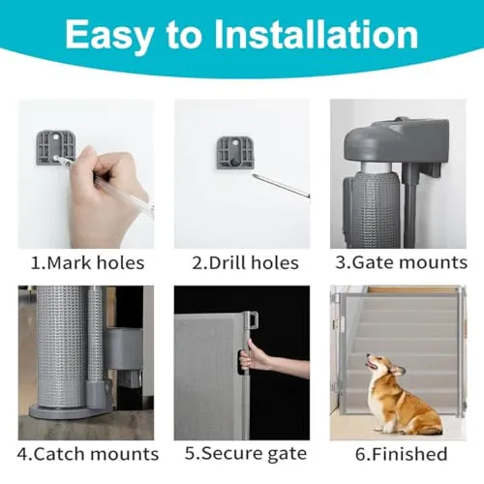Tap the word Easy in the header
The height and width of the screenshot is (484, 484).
[109, 36]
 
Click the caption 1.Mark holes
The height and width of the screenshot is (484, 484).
[87, 262]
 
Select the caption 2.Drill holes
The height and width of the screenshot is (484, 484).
[245, 262]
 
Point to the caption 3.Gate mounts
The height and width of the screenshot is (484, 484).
[401, 262]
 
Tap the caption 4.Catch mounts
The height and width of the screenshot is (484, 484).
[88, 454]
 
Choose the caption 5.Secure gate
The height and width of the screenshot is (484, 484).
[246, 453]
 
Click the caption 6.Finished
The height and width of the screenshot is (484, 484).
[401, 454]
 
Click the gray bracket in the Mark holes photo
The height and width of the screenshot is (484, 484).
[55, 147]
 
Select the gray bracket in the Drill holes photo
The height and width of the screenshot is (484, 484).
[235, 153]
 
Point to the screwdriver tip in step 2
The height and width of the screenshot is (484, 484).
[254, 175]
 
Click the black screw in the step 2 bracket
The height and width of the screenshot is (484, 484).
[233, 163]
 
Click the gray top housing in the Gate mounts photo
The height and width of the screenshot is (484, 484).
[396, 142]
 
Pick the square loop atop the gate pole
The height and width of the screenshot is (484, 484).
[253, 319]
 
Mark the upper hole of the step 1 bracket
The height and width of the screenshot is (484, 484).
[56, 136]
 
